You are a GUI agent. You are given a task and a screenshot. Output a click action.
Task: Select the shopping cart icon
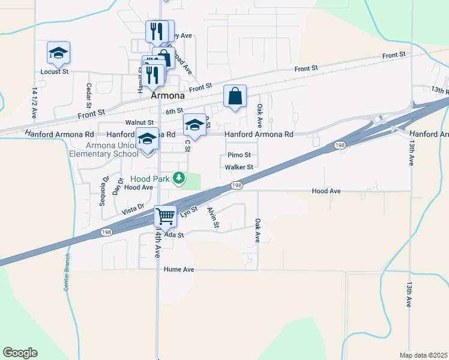pyautogui.click(x=165, y=215)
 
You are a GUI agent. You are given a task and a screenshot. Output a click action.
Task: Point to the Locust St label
pyautogui.click(x=55, y=71)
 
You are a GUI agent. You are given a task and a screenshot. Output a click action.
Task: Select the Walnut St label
pyautogui.click(x=139, y=122)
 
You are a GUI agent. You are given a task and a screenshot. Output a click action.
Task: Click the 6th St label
pyautogui.click(x=174, y=111)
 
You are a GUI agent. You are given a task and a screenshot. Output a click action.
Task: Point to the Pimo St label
pyautogui.click(x=239, y=155)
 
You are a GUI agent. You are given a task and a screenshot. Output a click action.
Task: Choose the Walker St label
pyautogui.click(x=239, y=167)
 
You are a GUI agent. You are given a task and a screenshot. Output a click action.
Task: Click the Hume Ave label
pyautogui.click(x=179, y=270)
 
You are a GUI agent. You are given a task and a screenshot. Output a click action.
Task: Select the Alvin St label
pyautogui.click(x=212, y=217)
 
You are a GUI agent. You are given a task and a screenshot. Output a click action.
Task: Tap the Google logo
pyautogui.click(x=20, y=353)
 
